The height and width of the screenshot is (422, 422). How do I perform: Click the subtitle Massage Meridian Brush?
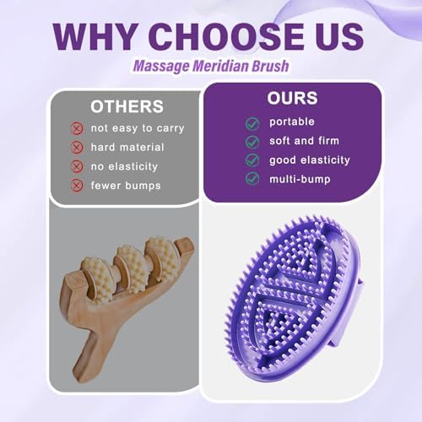[210, 67]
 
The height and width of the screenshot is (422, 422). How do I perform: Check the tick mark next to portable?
[252, 122]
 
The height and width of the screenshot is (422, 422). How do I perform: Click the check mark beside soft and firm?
[252, 141]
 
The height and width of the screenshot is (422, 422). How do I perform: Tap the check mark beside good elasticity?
[252, 160]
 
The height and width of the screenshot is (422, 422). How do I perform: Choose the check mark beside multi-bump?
[252, 178]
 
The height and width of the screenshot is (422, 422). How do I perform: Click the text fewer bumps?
[127, 184]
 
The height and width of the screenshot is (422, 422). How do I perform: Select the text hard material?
[129, 147]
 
